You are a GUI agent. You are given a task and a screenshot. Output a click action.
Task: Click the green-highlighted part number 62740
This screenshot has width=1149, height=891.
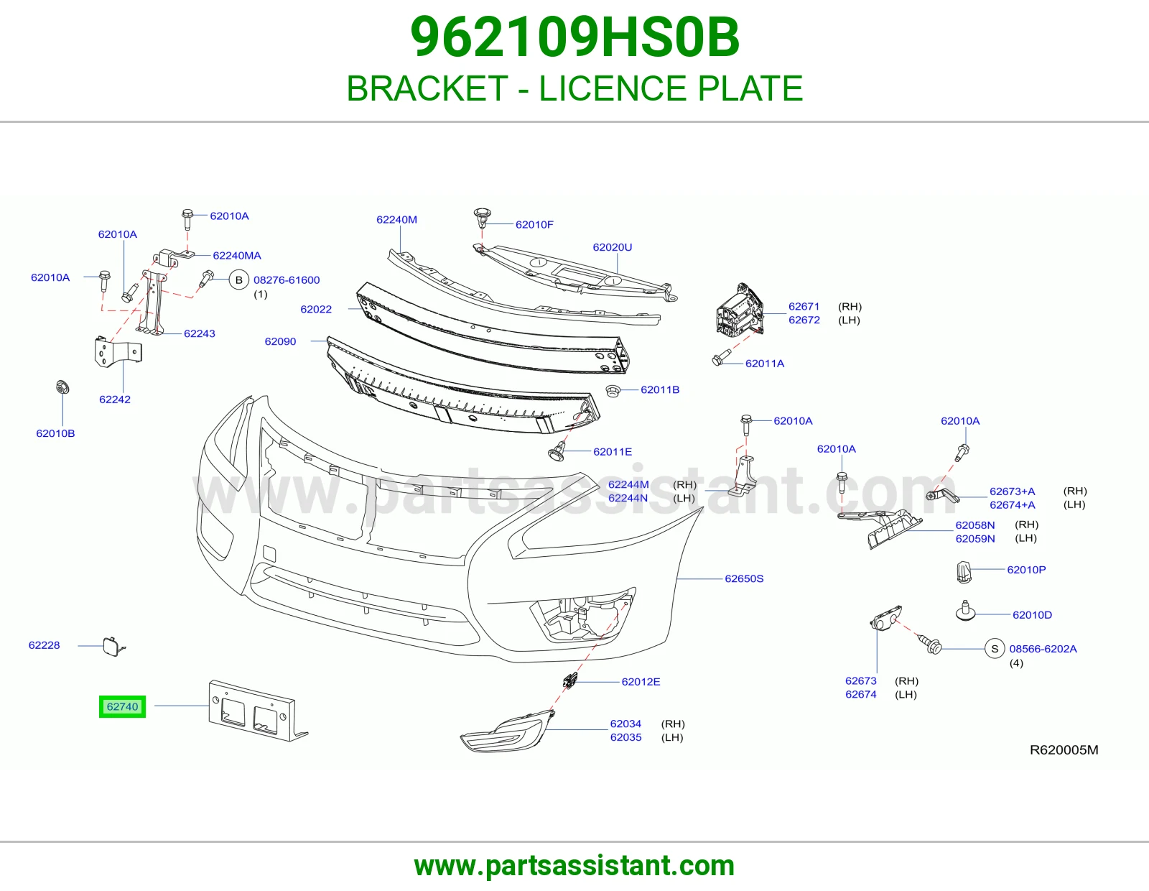click(x=122, y=706)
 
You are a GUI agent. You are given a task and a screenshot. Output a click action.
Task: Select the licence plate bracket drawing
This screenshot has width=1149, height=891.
click(x=258, y=711)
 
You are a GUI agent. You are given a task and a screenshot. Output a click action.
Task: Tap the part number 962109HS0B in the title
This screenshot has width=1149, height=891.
click(x=574, y=37)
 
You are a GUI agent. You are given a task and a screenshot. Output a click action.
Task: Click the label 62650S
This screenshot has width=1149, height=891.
click(x=744, y=578)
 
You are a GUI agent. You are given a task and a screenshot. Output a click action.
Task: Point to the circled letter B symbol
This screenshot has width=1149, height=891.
click(x=239, y=280)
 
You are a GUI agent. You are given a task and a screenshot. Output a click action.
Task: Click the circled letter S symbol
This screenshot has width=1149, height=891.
click(x=995, y=649)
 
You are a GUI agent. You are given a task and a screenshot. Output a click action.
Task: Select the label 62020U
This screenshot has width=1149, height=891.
click(x=613, y=247)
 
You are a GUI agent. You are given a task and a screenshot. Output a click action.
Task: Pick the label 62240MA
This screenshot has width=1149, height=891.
click(x=237, y=256)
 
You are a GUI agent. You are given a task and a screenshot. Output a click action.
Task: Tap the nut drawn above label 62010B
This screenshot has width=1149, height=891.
click(x=62, y=387)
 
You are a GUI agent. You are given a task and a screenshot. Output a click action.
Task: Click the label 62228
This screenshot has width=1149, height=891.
click(x=45, y=645)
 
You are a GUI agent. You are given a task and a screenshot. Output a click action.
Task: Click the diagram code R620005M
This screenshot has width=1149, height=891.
click(x=1064, y=749)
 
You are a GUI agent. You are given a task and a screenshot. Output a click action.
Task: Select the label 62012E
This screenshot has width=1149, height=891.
click(x=641, y=681)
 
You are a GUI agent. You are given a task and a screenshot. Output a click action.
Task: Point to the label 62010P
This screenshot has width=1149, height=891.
click(x=1026, y=569)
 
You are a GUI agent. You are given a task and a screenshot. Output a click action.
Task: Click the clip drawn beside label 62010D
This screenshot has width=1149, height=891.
click(x=966, y=611)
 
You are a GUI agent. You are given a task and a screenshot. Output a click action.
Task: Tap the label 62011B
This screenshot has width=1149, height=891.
click(x=660, y=389)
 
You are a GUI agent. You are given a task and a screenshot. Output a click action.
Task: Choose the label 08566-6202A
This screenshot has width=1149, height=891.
click(x=1043, y=649)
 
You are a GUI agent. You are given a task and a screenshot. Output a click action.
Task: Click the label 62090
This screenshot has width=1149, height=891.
click(x=280, y=341)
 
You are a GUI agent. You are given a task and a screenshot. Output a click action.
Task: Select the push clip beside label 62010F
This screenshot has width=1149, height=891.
click(x=482, y=218)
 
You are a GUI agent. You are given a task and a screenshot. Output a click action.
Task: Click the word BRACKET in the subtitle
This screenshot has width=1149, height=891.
click(x=427, y=88)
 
